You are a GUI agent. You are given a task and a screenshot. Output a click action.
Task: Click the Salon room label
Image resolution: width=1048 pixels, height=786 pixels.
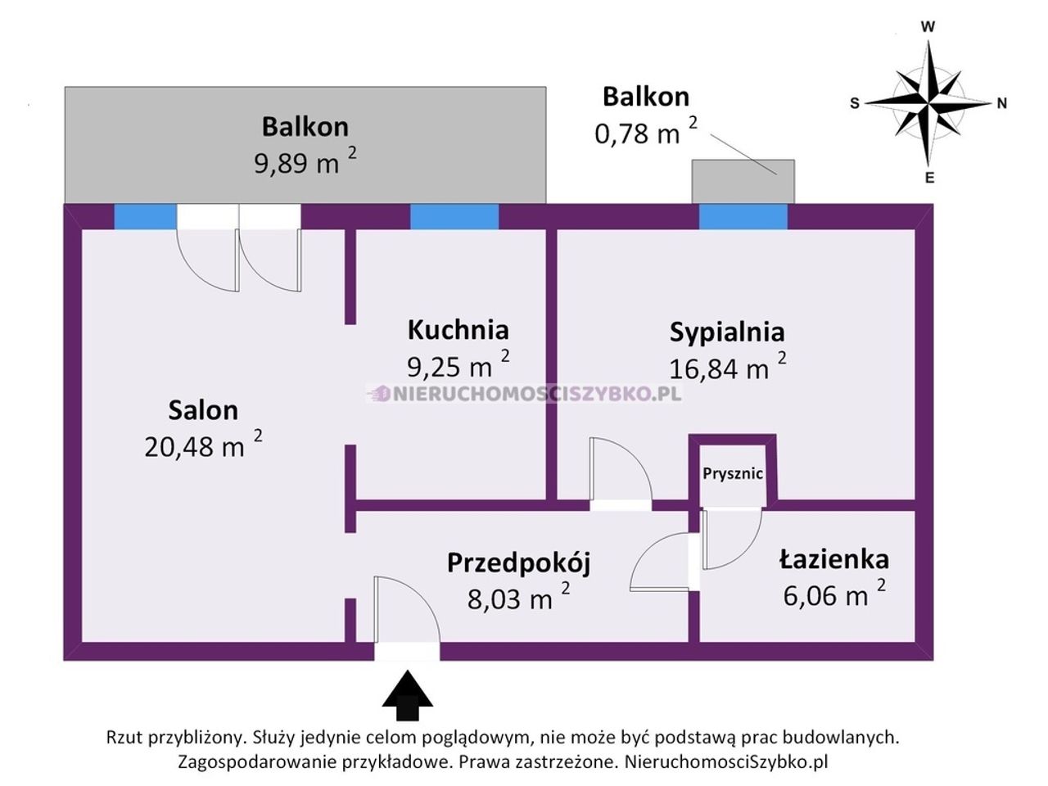click(x=203, y=410)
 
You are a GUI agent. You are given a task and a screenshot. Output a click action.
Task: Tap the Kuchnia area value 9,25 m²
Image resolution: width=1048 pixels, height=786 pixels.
click(x=458, y=365)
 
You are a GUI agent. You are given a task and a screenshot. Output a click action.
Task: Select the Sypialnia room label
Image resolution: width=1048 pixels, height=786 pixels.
click(x=727, y=333)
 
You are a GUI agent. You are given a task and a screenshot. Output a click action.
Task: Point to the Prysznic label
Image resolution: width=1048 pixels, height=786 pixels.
click(x=733, y=474)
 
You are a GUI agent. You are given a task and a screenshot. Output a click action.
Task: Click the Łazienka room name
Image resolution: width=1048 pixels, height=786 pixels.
click(x=834, y=559)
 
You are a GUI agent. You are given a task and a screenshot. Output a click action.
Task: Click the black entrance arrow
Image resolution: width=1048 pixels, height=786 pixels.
click(x=407, y=695)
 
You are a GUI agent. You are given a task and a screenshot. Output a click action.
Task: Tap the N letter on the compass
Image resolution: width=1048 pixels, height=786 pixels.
click(x=1002, y=103)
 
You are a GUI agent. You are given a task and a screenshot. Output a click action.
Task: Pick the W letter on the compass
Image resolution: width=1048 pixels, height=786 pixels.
click(x=928, y=27)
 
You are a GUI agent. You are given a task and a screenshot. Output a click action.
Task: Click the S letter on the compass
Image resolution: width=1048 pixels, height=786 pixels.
click(x=855, y=103)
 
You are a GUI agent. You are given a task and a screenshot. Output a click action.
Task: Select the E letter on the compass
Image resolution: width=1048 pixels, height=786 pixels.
click(x=929, y=178)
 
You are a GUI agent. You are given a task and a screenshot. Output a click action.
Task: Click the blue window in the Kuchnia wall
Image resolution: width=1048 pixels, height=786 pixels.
click(x=454, y=217)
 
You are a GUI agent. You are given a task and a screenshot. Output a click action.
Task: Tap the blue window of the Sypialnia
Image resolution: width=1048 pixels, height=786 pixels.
click(x=743, y=217)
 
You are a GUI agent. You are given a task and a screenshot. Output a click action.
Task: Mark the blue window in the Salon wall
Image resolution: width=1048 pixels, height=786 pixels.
click(x=145, y=217)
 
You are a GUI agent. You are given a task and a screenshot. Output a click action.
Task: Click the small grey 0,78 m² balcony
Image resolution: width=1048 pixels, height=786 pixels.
click(x=743, y=182)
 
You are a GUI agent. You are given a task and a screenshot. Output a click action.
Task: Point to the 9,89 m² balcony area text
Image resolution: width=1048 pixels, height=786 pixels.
click(x=305, y=162)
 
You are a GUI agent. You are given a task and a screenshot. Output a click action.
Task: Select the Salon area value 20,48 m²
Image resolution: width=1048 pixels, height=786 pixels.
click(x=203, y=445)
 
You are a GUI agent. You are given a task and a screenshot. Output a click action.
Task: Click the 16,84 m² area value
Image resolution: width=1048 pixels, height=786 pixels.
click(x=728, y=368)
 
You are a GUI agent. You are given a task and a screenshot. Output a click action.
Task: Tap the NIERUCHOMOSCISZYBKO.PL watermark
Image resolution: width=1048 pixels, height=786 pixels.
click(x=524, y=394)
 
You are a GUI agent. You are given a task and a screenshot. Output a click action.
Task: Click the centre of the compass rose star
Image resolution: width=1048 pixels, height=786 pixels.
click(x=928, y=102)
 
